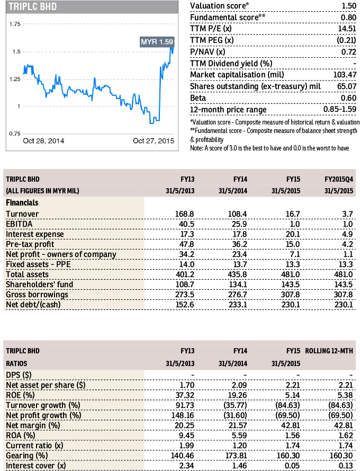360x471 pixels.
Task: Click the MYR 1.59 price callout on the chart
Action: pyautogui.click(x=157, y=41)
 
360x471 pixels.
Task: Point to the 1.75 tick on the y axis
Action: pyautogui.click(x=15, y=24)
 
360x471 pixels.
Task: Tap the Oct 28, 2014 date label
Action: pyautogui.click(x=43, y=141)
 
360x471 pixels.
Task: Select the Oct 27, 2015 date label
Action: pyautogui.click(x=154, y=141)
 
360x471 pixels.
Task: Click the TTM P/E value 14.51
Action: pyautogui.click(x=347, y=29)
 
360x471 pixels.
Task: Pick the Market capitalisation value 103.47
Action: pyautogui.click(x=345, y=75)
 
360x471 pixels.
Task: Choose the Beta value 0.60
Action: pyautogui.click(x=348, y=98)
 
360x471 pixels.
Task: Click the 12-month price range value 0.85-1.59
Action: pyautogui.click(x=340, y=109)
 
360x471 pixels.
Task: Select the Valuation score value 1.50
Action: pyautogui.click(x=349, y=6)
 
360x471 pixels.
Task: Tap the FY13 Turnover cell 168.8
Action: pyautogui.click(x=184, y=214)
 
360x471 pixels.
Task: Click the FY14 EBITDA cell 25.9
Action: pyautogui.click(x=240, y=224)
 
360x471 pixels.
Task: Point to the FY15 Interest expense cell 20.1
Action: pyautogui.click(x=293, y=234)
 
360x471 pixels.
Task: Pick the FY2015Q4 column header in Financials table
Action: pyautogui.click(x=339, y=179)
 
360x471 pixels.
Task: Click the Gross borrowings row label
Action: pyautogui.click(x=37, y=295)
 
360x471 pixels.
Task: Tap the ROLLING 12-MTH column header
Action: pyautogui.click(x=329, y=351)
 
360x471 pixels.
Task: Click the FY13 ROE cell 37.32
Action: pyautogui.click(x=185, y=395)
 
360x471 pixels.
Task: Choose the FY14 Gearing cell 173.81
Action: pyautogui.click(x=236, y=456)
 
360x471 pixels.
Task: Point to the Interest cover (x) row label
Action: pyautogui.click(x=35, y=466)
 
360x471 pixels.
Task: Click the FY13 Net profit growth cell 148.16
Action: pyautogui.click(x=183, y=415)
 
